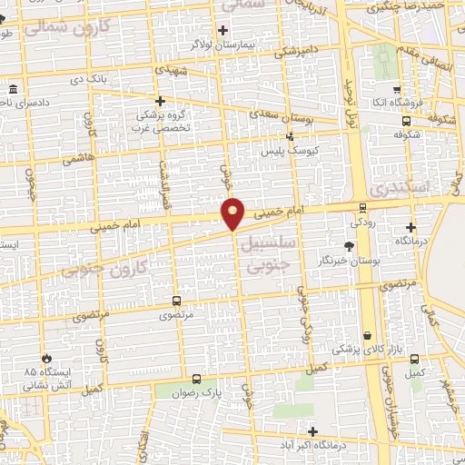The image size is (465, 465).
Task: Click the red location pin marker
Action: [233, 213]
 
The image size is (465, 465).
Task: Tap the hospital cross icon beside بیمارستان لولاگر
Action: [223, 30]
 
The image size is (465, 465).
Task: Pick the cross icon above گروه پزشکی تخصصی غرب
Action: [161, 101]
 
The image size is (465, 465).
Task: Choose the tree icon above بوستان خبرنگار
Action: [350, 245]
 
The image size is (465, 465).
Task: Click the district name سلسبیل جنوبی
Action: [278, 250]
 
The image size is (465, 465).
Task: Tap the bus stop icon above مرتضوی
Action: [176, 301]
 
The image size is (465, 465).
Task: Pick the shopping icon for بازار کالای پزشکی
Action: [368, 335]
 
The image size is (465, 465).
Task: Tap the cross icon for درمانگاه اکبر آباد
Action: [313, 431]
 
